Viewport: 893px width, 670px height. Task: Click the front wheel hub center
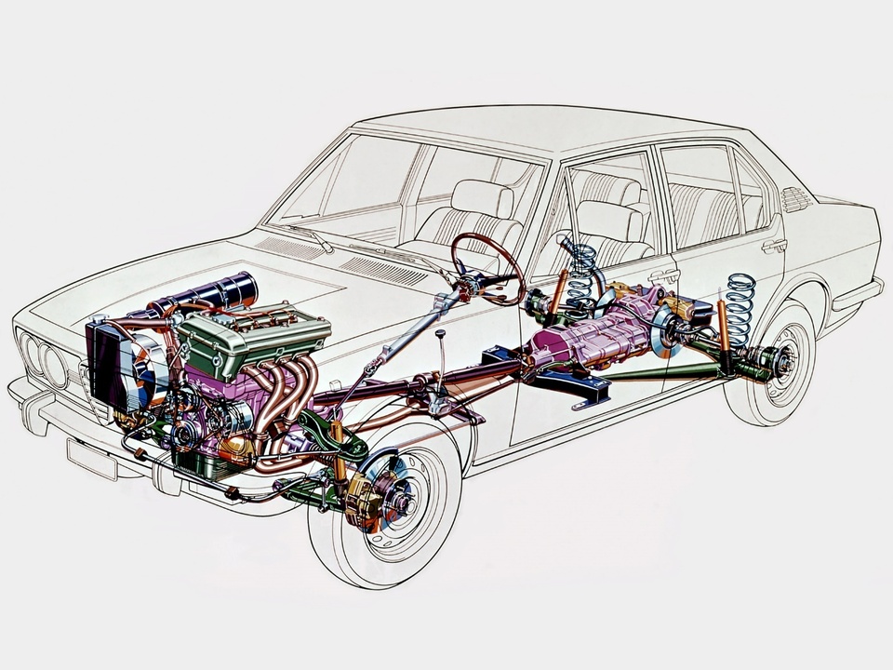click(401, 502)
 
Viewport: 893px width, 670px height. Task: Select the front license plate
click(92, 459)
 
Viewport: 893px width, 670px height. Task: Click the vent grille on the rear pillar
click(797, 198)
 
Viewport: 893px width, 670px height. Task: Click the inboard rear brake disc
click(666, 330)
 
